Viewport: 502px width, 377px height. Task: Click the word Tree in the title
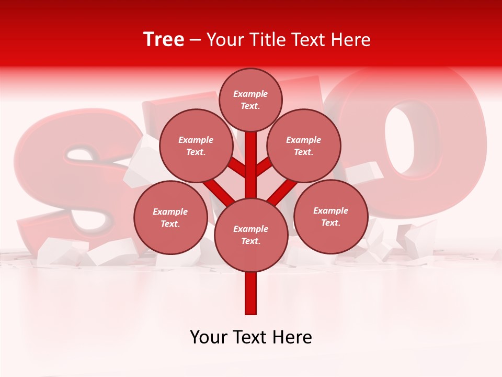coord(164,40)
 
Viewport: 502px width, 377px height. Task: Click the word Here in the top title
coord(351,40)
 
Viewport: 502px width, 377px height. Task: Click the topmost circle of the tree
coord(250,99)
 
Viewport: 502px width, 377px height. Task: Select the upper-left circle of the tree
coord(196,146)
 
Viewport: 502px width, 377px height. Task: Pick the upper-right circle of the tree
coord(304,146)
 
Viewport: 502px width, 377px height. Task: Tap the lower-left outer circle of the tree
coord(170,217)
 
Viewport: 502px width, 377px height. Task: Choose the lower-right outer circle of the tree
coord(330,216)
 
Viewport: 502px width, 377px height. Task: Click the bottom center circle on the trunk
coord(251,235)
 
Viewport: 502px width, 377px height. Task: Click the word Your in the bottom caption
coord(208,337)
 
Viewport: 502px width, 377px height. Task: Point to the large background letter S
coord(68,173)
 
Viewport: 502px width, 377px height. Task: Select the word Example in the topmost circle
coord(250,94)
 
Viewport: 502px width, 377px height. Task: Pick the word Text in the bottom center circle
coord(250,241)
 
